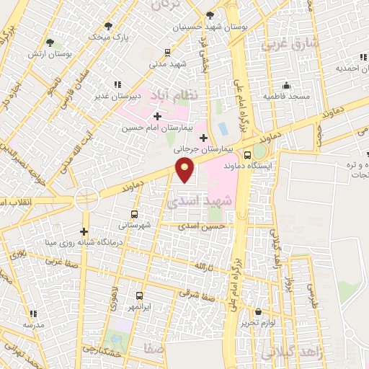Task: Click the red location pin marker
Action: (x=186, y=170)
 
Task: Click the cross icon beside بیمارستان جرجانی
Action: (x=204, y=138)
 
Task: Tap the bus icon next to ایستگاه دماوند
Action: (x=248, y=154)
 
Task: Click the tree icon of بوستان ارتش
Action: (x=50, y=43)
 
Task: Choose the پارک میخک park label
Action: (x=107, y=35)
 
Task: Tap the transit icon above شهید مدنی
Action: (x=167, y=52)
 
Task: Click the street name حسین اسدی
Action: (x=209, y=226)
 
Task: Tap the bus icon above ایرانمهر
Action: (x=140, y=295)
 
